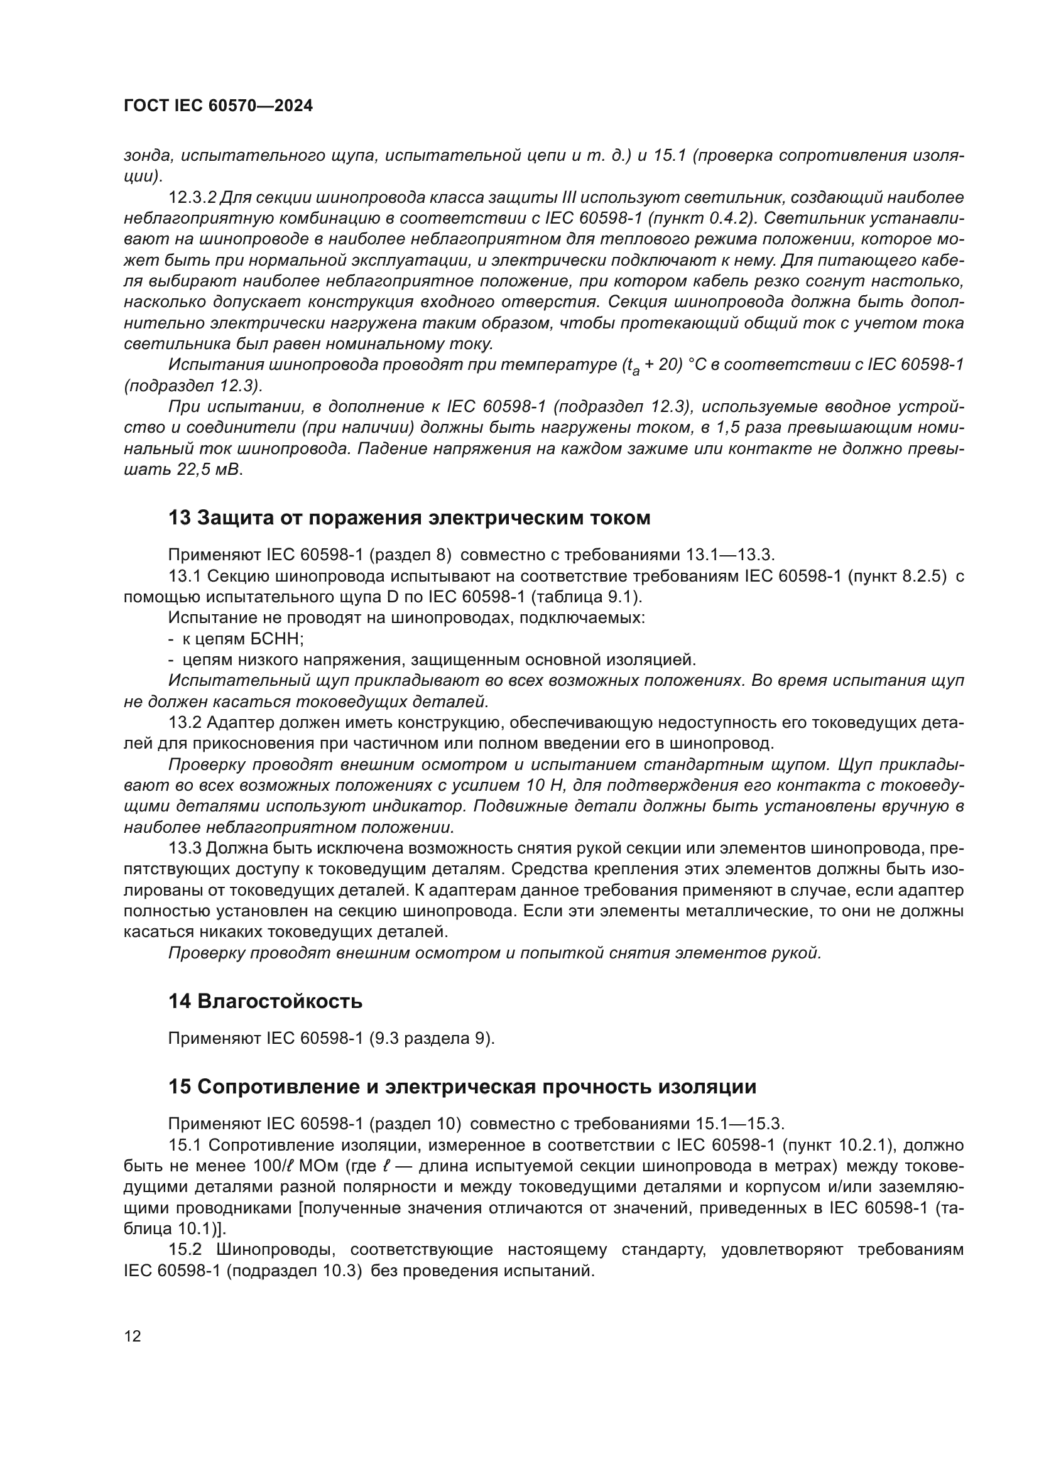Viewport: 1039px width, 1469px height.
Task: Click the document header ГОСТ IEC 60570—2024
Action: click(x=218, y=106)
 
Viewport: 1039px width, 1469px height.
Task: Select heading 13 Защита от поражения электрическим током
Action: click(x=409, y=518)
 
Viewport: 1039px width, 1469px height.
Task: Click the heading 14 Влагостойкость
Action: click(x=265, y=1001)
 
